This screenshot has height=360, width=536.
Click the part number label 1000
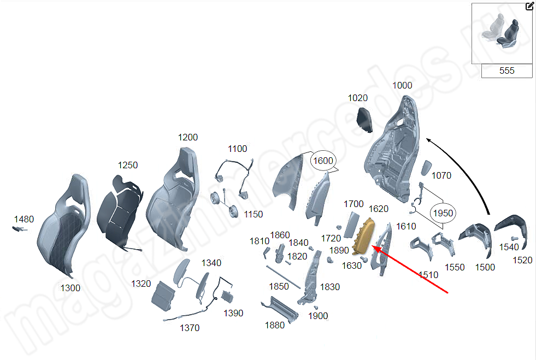click(403, 86)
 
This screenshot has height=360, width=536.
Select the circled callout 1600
click(322, 161)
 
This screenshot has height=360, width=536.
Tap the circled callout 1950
click(443, 213)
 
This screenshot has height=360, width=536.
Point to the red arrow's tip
click(373, 246)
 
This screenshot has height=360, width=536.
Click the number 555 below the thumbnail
click(506, 71)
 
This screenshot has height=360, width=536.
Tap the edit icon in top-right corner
click(529, 7)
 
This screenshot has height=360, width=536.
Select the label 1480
click(23, 220)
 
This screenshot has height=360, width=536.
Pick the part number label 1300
click(70, 288)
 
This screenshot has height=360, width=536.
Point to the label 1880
click(274, 325)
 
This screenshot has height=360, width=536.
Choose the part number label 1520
click(522, 260)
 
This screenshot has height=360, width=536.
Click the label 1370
click(190, 328)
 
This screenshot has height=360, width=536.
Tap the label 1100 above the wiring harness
click(237, 149)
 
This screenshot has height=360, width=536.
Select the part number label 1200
click(188, 138)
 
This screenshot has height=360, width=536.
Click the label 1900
click(318, 316)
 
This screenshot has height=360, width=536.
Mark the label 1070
click(441, 176)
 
